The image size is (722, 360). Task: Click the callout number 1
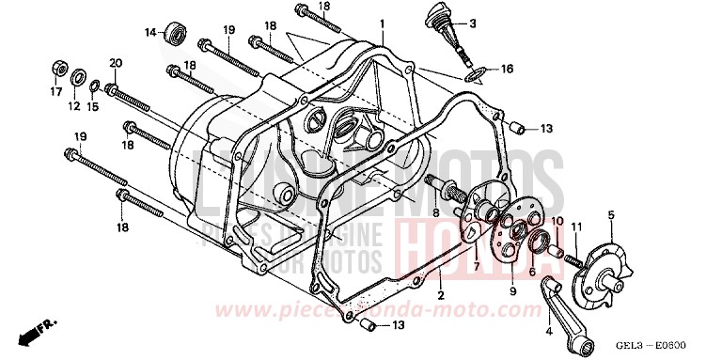coord(383,22)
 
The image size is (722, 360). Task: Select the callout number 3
coord(499,23)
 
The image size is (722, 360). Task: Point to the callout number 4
coord(548,330)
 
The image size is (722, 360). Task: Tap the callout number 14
coord(149,33)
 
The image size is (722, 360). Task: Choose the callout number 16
coord(507,70)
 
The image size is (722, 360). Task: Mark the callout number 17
coord(54,91)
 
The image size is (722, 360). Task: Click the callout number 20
coord(116,63)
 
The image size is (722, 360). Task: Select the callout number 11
coord(576,225)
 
